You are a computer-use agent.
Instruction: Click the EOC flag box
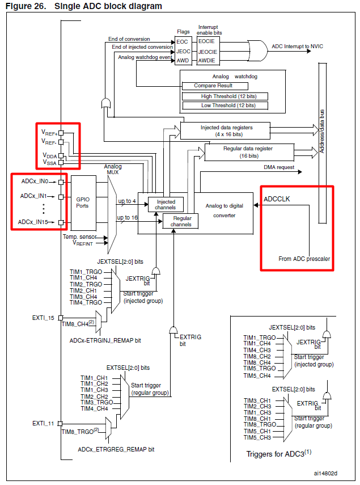pos(183,41)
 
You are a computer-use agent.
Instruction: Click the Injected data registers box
pos(226,130)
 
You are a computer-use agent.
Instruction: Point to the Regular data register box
pos(249,151)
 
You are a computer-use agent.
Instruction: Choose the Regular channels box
pos(181,221)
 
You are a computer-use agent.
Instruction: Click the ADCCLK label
pos(277,199)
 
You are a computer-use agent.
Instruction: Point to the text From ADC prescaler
pos(304,259)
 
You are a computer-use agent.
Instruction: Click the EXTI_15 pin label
pos(43,318)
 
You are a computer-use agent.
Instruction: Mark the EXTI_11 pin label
pos(43,423)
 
